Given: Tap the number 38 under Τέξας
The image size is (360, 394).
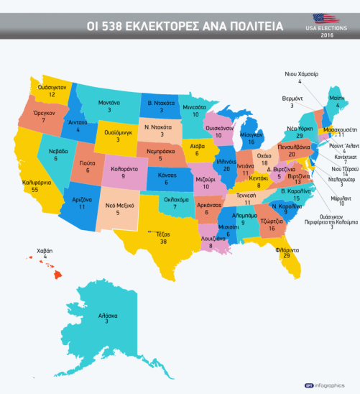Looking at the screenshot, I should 163,242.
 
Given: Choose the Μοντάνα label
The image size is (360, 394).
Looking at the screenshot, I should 109,103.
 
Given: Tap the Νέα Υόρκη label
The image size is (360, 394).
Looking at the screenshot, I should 299,127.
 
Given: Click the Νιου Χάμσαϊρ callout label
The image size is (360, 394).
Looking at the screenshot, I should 300,74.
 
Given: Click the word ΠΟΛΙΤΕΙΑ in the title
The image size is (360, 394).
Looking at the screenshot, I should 252,27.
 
